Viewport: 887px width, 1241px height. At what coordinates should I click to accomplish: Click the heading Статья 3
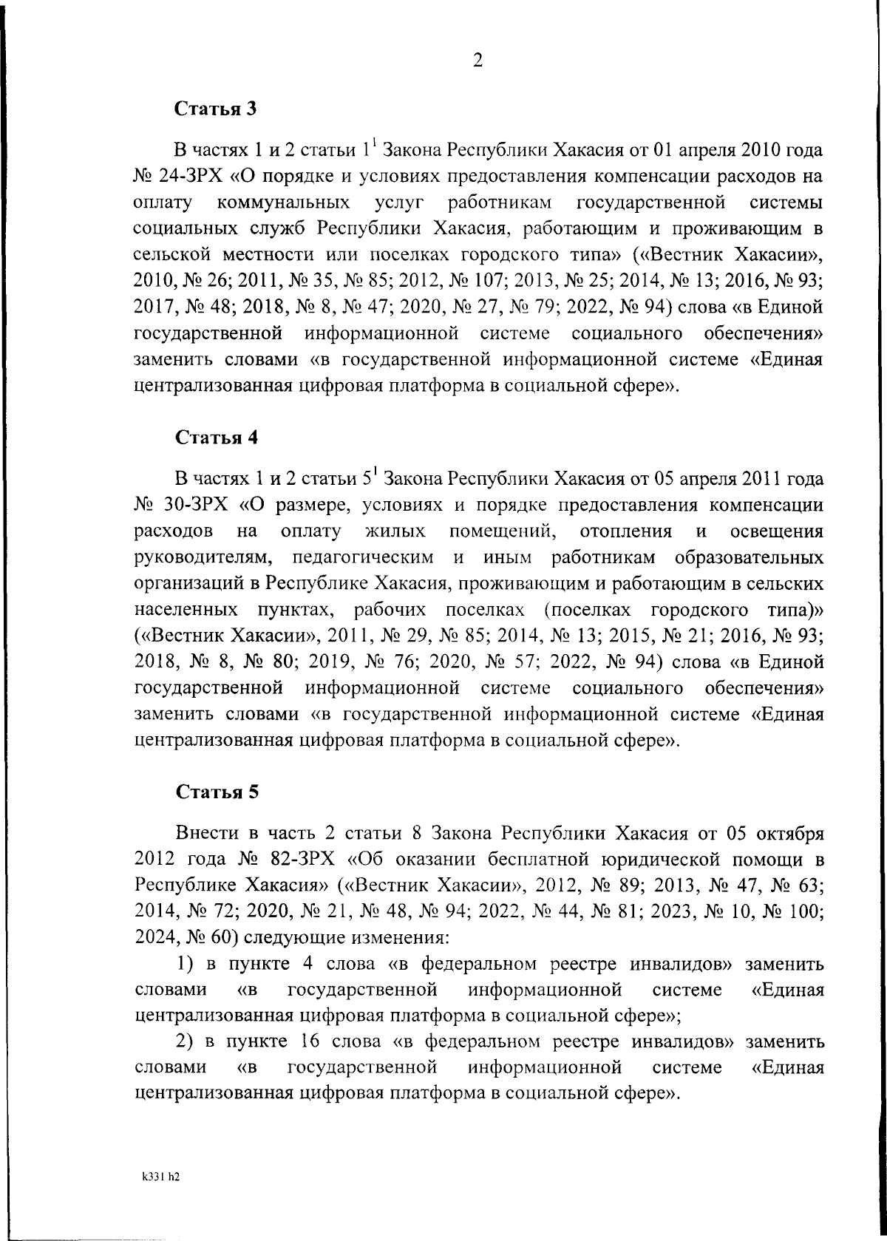click(x=216, y=109)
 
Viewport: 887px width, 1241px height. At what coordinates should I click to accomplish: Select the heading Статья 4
click(x=216, y=438)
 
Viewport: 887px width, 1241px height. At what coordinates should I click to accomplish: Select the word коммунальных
click(x=285, y=203)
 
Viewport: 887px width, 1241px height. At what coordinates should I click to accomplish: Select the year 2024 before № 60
click(x=154, y=937)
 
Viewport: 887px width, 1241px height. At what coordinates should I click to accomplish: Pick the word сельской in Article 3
click(x=169, y=254)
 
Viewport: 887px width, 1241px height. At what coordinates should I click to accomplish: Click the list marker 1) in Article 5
click(x=186, y=964)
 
